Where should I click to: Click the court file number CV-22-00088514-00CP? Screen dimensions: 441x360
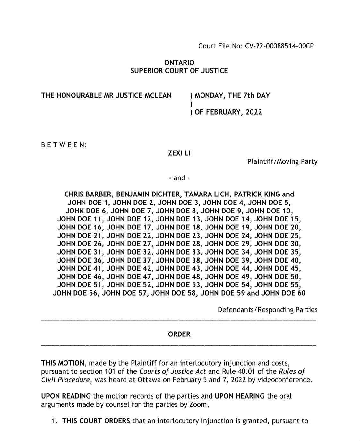[x=279, y=46]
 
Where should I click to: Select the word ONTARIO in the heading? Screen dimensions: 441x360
[x=179, y=63]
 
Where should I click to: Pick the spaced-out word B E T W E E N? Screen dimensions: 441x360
[x=64, y=145]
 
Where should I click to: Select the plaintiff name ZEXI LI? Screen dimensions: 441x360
[x=179, y=153]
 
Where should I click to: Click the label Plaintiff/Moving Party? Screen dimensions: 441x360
[x=282, y=161]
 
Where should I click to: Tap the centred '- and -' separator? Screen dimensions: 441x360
[x=179, y=178]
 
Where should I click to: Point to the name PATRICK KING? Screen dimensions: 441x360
[x=257, y=194]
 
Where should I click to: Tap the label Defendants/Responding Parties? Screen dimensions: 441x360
[x=267, y=310]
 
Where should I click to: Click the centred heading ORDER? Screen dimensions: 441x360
[x=179, y=334]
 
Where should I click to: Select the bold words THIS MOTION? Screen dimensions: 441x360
[x=63, y=363]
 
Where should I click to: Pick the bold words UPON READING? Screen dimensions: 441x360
[x=66, y=396]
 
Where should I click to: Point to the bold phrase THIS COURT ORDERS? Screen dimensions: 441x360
[x=96, y=421]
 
